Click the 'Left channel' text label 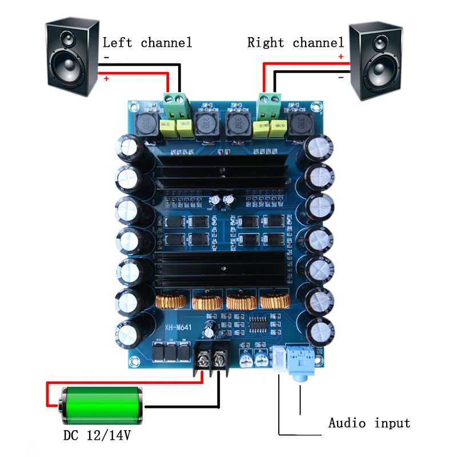click(x=147, y=42)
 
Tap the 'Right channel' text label click(x=295, y=42)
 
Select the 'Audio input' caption click(x=369, y=423)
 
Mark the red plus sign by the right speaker click(x=341, y=57)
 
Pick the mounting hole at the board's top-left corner click(x=134, y=106)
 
